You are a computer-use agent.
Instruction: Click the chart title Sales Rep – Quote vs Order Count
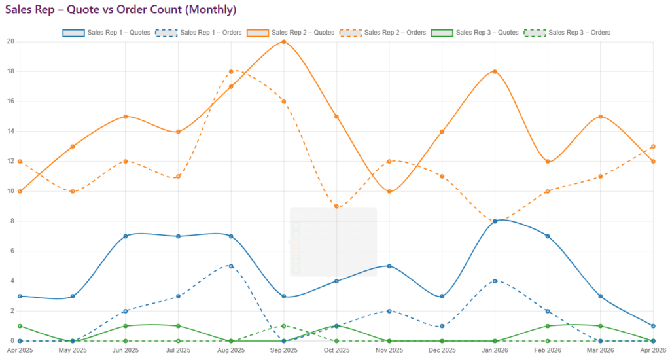[121, 10]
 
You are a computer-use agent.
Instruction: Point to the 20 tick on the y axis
[10, 41]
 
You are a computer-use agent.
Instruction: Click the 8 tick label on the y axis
[11, 221]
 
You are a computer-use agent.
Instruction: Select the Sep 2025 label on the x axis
[283, 351]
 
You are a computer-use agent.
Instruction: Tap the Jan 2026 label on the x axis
[495, 351]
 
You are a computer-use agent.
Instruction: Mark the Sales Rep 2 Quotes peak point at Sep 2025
[283, 42]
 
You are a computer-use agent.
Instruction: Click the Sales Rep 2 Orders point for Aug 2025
[231, 71]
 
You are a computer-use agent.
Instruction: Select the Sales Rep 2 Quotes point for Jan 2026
[495, 71]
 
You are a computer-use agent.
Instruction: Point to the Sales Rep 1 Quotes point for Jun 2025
[125, 236]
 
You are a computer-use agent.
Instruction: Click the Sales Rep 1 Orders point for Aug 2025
[231, 266]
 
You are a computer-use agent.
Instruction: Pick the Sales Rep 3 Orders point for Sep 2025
[283, 326]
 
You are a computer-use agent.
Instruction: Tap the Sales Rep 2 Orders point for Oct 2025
[336, 206]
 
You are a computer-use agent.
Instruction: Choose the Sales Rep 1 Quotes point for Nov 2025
[389, 266]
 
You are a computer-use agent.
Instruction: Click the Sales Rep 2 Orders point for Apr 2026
[653, 147]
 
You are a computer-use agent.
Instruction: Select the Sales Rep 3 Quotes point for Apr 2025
[20, 326]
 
